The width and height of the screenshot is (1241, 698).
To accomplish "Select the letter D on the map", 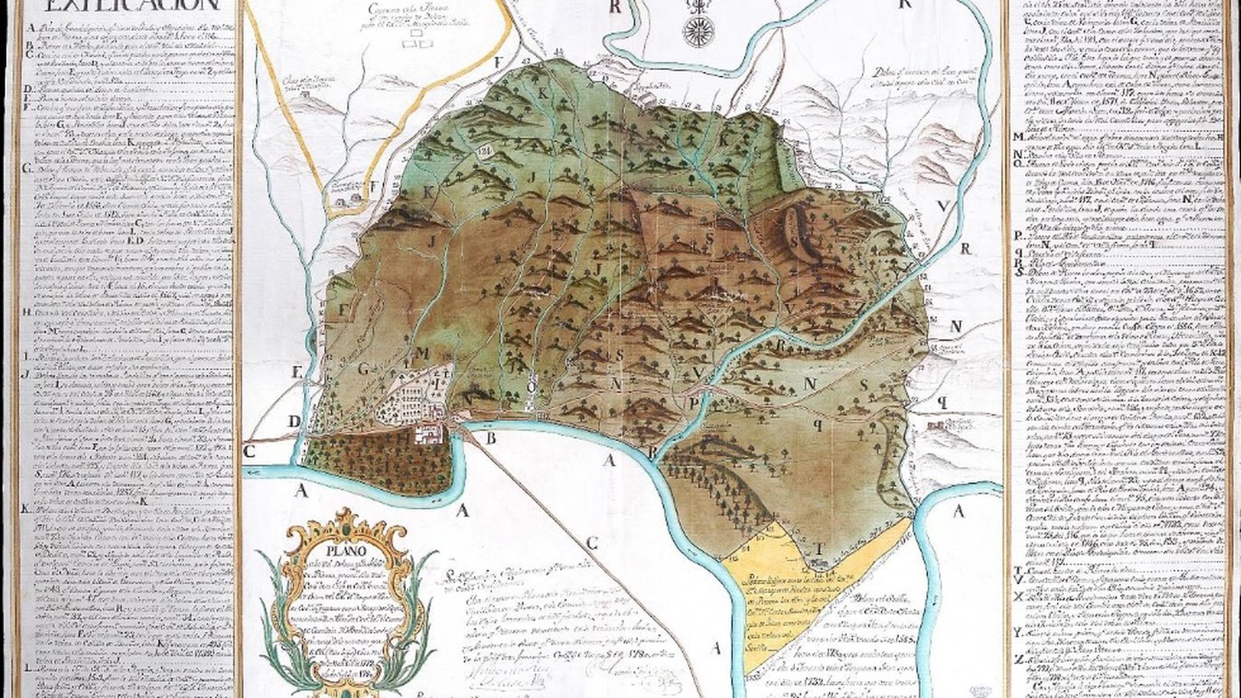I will click(x=294, y=421).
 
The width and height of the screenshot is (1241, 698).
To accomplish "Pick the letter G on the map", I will click(x=363, y=371).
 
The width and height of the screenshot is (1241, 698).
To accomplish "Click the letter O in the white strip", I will click(x=532, y=388).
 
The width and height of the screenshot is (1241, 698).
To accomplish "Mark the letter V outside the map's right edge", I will click(x=942, y=206).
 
